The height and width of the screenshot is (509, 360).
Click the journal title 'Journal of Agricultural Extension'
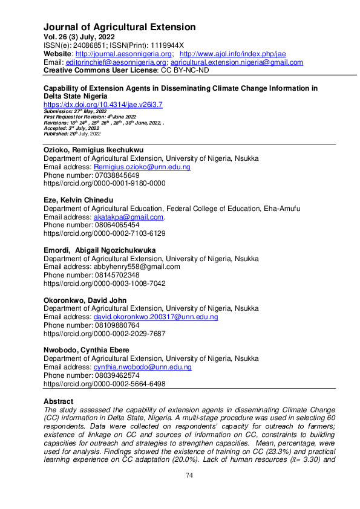tap(119, 27)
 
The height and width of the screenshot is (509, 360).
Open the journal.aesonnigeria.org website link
tap(125, 54)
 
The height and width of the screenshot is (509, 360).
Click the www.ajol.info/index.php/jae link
tap(233, 54)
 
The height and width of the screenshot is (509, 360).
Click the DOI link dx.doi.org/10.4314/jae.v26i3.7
tap(103, 105)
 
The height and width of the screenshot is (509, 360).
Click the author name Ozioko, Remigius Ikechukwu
tap(94, 150)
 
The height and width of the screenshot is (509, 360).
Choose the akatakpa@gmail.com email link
tap(128, 217)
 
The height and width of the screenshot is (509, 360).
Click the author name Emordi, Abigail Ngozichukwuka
tap(99, 250)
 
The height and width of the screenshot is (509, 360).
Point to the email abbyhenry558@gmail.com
tap(136, 267)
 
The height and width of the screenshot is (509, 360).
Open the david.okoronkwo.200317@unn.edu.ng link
tap(155, 317)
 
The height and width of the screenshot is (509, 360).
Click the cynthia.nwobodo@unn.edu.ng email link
tap(142, 367)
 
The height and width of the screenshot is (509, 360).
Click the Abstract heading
tap(58, 401)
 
